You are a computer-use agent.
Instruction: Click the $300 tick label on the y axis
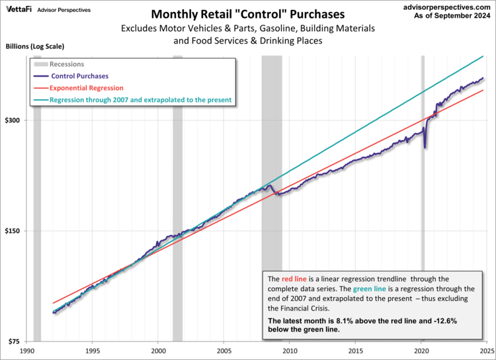[15, 120]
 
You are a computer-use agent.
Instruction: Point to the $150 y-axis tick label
[15, 231]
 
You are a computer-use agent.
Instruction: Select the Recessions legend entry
[67, 64]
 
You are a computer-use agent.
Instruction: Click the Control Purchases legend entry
[79, 76]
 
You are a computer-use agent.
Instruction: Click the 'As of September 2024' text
[450, 17]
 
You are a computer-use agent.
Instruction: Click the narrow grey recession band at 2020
[423, 265]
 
